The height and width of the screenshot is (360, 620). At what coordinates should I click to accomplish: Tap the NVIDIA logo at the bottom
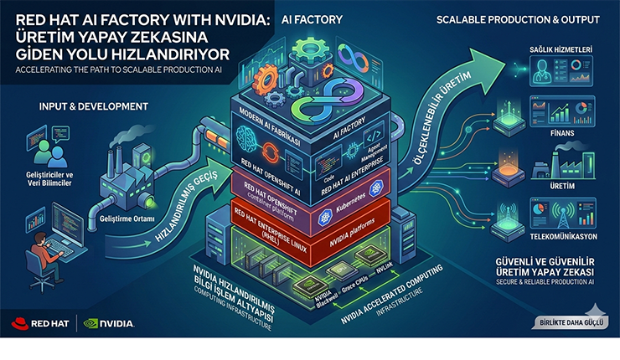pos(108,322)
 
